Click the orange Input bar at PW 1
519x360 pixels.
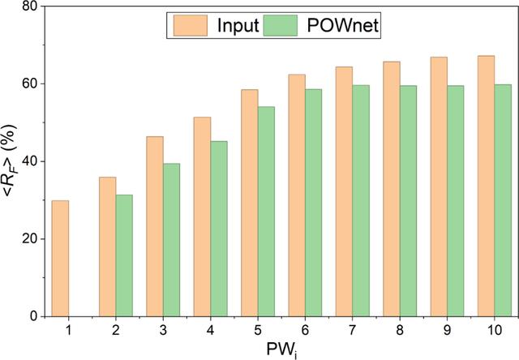coord(60,259)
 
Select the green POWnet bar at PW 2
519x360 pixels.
coord(124,255)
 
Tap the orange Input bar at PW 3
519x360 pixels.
coord(155,227)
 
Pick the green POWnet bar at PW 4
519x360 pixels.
coord(219,229)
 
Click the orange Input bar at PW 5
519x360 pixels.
coord(250,204)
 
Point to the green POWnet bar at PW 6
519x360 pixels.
coord(314,203)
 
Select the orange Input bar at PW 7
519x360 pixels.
coord(344,191)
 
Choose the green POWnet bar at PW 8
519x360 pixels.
coord(408,201)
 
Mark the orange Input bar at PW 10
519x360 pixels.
coord(487,186)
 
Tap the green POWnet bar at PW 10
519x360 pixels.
coord(503,200)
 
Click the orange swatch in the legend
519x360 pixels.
coord(191,25)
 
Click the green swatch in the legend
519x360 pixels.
coord(281,25)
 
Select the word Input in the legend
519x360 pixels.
coord(238,25)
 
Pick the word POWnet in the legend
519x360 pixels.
coord(343,25)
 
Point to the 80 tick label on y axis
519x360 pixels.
coord(30,6)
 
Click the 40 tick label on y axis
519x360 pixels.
coord(30,161)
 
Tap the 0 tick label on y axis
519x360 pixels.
coord(34,316)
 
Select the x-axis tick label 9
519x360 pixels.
coord(447,330)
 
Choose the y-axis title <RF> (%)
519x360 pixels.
coord(10,161)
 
